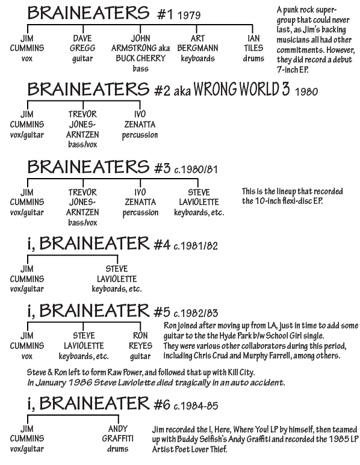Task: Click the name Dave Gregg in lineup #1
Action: [x=81, y=43]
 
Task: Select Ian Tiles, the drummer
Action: [x=253, y=43]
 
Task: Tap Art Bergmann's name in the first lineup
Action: [x=197, y=43]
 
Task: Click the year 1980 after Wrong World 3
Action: [x=306, y=91]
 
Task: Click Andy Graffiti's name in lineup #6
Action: [x=118, y=434]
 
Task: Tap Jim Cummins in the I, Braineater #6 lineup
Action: [x=26, y=434]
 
